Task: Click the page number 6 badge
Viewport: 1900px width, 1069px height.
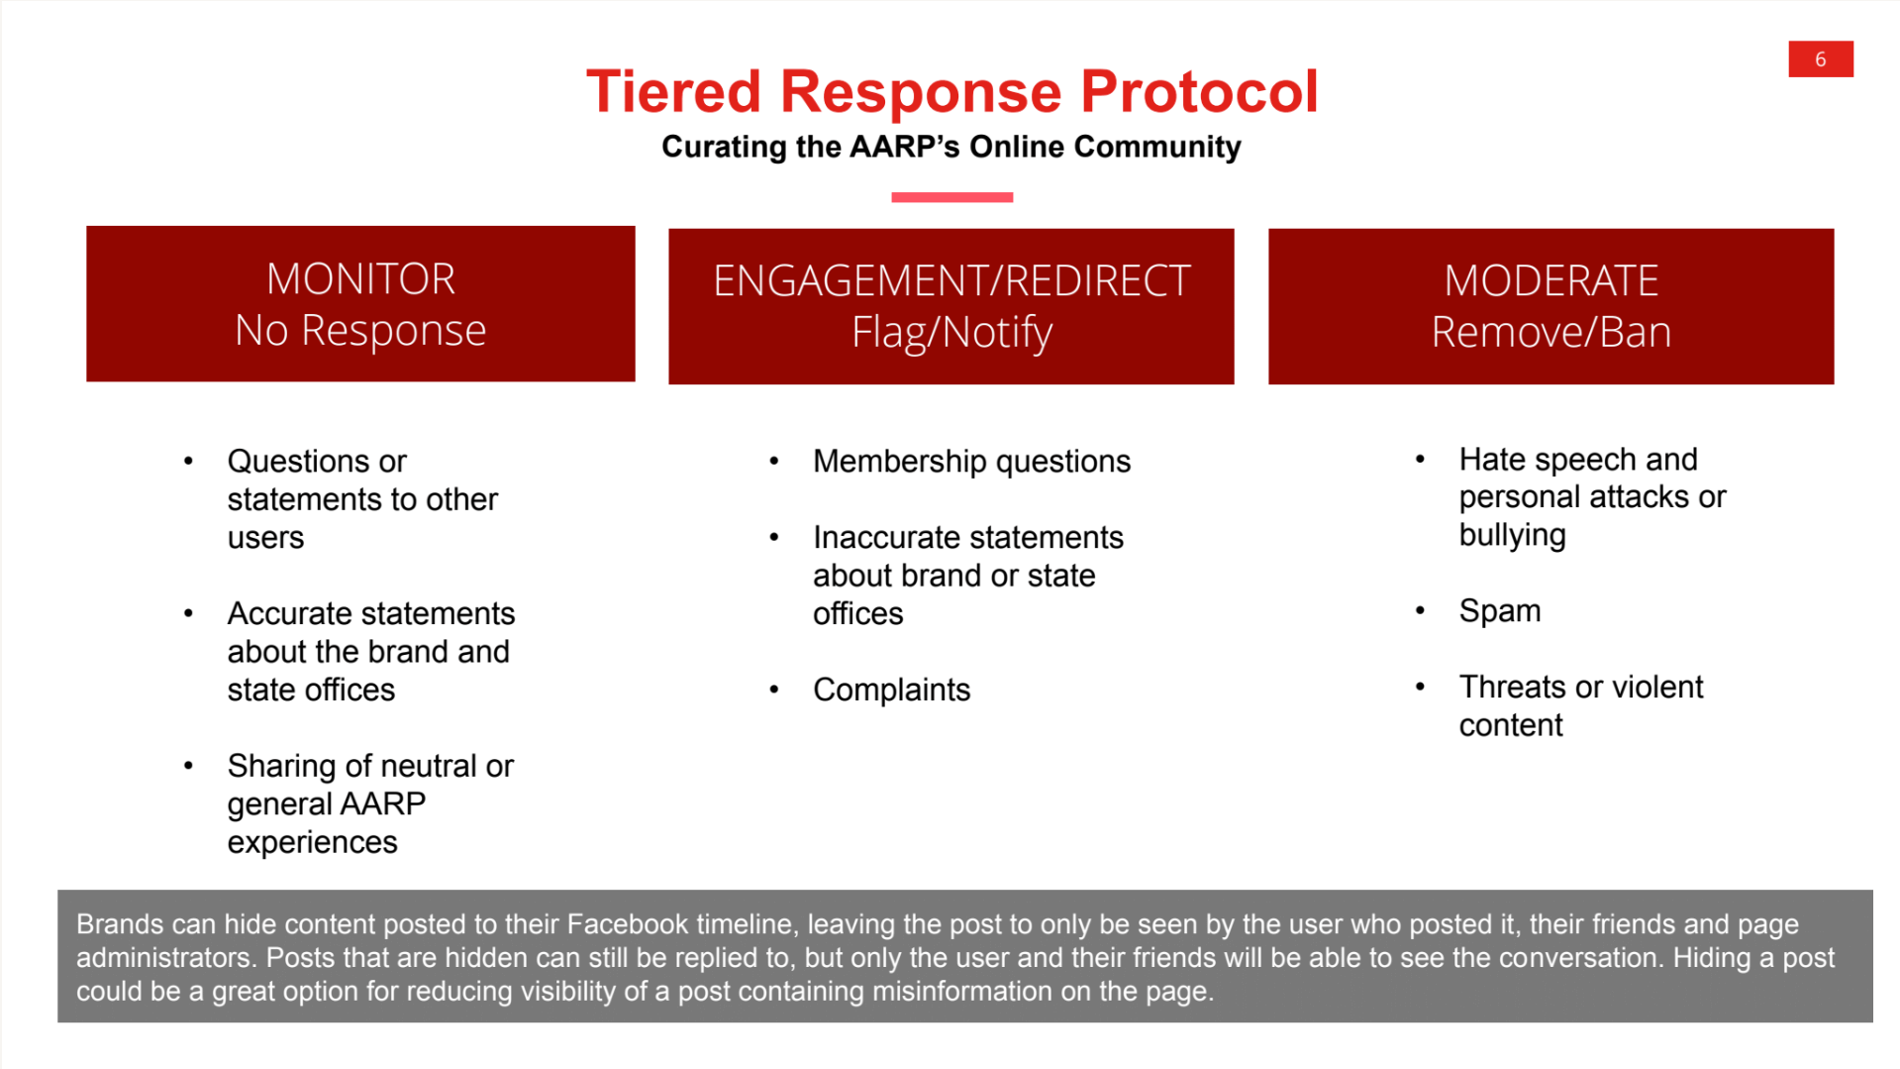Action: pos(1820,59)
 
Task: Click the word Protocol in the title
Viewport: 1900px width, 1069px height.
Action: pos(1198,91)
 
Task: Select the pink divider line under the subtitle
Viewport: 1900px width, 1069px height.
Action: pos(951,197)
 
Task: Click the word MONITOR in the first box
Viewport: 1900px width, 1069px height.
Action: pos(360,278)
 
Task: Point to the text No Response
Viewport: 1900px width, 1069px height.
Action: pos(360,330)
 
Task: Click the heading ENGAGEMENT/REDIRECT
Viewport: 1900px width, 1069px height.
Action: pos(950,281)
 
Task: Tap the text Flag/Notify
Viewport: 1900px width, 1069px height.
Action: pos(950,332)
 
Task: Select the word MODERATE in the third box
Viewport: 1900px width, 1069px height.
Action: pos(1550,281)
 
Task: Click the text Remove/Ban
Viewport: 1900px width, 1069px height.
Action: pos(1550,332)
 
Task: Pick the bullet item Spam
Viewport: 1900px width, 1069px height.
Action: pos(1499,611)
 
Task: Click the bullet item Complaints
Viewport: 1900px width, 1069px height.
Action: pos(891,690)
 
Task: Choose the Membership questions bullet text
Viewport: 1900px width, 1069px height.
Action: pos(970,462)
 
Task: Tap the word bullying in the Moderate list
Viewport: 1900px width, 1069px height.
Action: pos(1512,535)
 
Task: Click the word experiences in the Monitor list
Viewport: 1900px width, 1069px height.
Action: pos(312,842)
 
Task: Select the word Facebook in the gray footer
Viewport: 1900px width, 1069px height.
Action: pos(627,924)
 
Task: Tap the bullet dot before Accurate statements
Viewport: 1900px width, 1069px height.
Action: pos(188,613)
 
